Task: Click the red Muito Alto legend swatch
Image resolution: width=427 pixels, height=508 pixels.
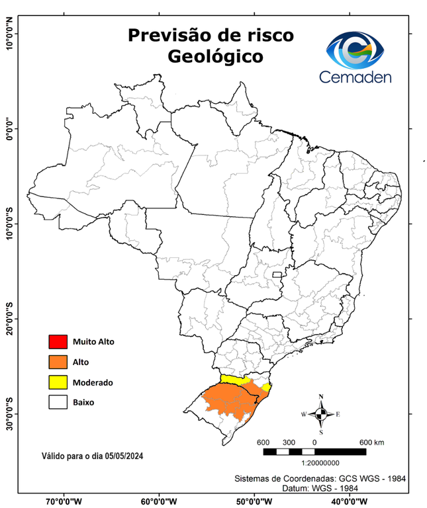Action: [58, 342]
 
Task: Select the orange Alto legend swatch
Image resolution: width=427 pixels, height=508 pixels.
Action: [58, 362]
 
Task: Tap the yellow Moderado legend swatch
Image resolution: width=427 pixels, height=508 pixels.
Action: [58, 382]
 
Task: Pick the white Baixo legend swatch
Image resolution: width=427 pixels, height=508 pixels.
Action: [58, 402]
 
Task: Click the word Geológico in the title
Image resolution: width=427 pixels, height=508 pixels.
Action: [214, 58]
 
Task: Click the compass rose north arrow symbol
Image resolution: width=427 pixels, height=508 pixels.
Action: [321, 414]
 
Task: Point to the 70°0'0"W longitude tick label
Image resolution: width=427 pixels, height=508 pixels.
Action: [64, 501]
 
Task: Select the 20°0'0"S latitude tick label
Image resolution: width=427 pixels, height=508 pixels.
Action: [10, 318]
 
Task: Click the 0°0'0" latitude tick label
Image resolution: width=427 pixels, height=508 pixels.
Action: [10, 128]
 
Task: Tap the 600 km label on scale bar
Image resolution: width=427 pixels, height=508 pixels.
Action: [371, 442]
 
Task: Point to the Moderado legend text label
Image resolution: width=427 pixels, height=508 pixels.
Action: [93, 382]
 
